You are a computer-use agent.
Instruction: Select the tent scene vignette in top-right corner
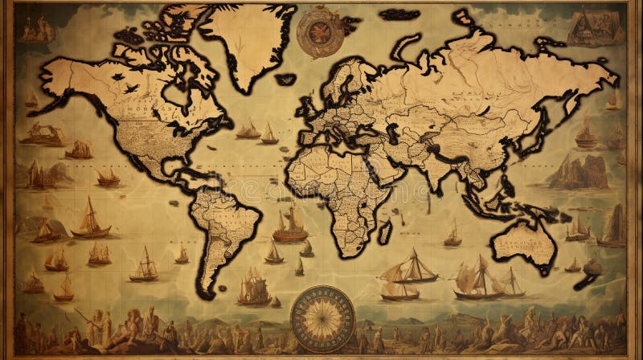(x=595, y=27)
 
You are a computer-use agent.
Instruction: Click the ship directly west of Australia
(x=453, y=234)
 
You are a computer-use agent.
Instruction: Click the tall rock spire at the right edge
(x=615, y=225)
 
